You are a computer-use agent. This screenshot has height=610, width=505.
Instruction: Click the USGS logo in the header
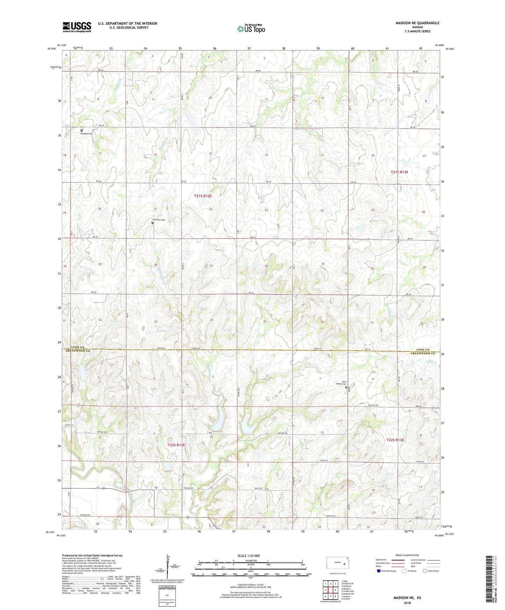tap(77, 27)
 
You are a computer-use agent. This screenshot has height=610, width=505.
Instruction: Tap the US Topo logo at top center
tap(251, 28)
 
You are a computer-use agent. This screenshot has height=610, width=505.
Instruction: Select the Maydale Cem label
tap(86, 133)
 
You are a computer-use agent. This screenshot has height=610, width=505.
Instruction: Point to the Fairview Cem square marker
tap(153, 223)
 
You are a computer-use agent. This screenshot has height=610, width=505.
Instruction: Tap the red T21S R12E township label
tap(203, 196)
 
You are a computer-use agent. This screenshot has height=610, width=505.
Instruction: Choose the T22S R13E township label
tap(395, 440)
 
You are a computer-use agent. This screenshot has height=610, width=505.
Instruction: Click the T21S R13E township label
tap(399, 172)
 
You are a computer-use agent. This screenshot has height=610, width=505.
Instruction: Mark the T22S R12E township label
tap(176, 445)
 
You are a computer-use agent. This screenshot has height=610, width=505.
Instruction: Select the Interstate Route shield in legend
tap(379, 571)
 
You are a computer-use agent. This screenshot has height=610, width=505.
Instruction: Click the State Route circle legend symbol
tap(425, 571)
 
